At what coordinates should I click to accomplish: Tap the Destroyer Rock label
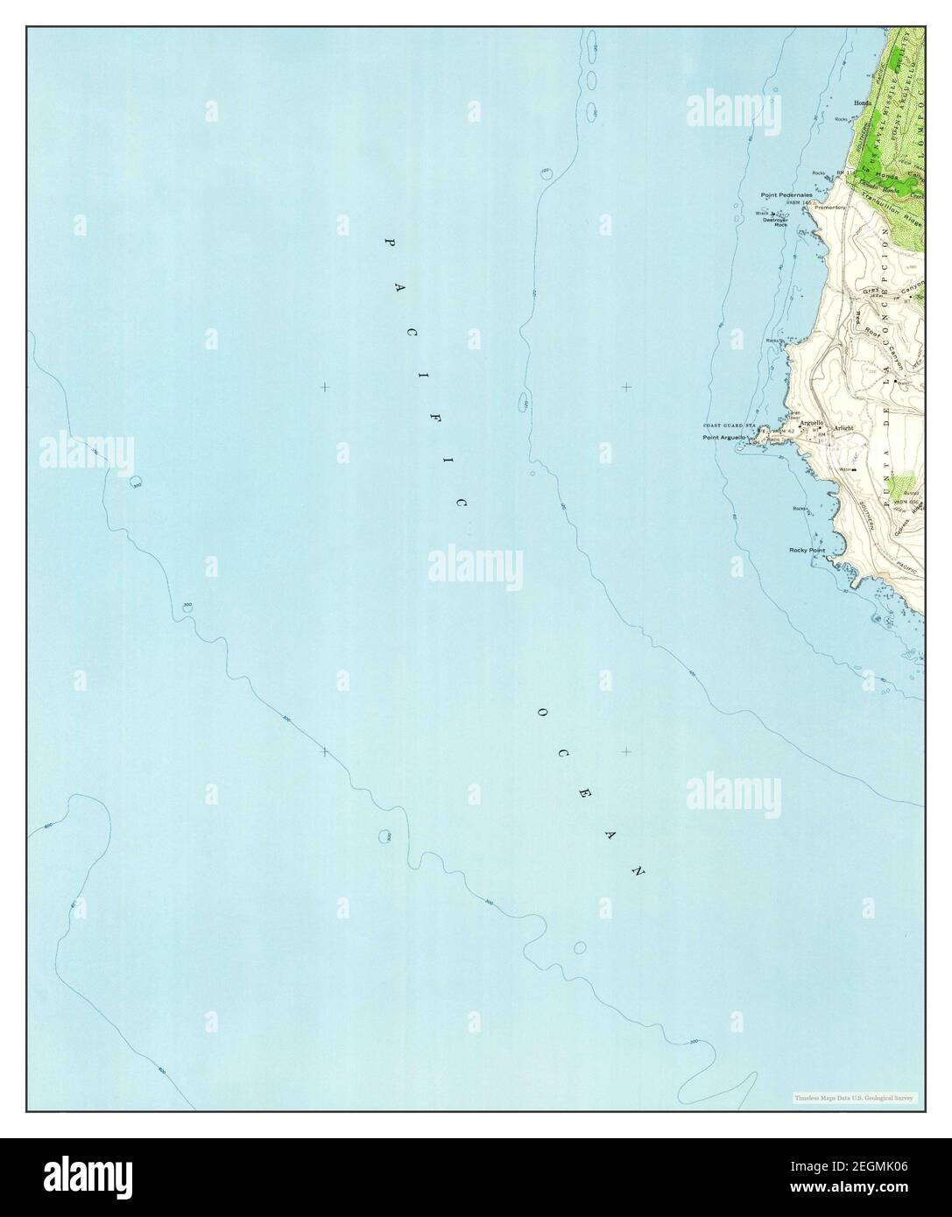775,222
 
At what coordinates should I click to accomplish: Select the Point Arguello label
724,437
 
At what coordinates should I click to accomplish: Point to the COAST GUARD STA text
725,426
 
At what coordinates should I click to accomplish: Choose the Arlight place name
844,427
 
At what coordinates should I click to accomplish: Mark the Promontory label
829,208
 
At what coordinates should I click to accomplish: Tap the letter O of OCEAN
541,714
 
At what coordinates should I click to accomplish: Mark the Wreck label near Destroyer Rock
762,213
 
